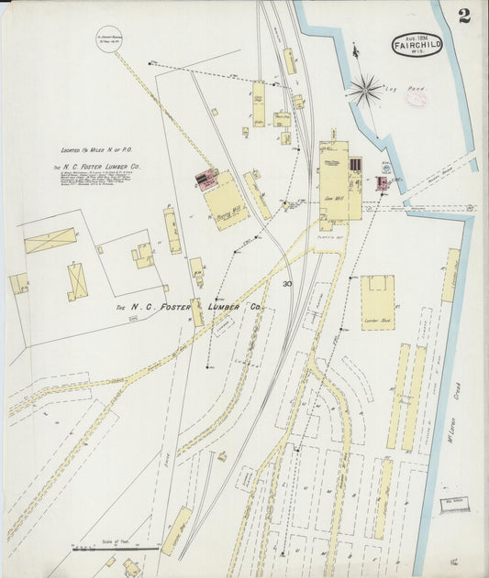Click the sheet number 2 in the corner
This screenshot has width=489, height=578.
(x=466, y=15)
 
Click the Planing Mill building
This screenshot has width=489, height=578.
(x=226, y=201)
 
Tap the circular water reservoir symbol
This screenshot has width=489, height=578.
(x=111, y=38)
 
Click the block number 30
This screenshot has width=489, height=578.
(x=287, y=284)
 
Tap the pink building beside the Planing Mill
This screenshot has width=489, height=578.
(x=207, y=178)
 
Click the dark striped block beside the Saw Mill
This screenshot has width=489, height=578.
(x=356, y=166)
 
